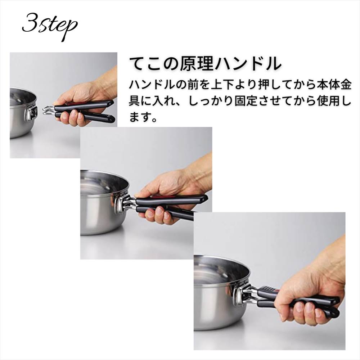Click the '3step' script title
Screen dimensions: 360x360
click(50, 26)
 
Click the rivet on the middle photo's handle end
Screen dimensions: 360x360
click(203, 201)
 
